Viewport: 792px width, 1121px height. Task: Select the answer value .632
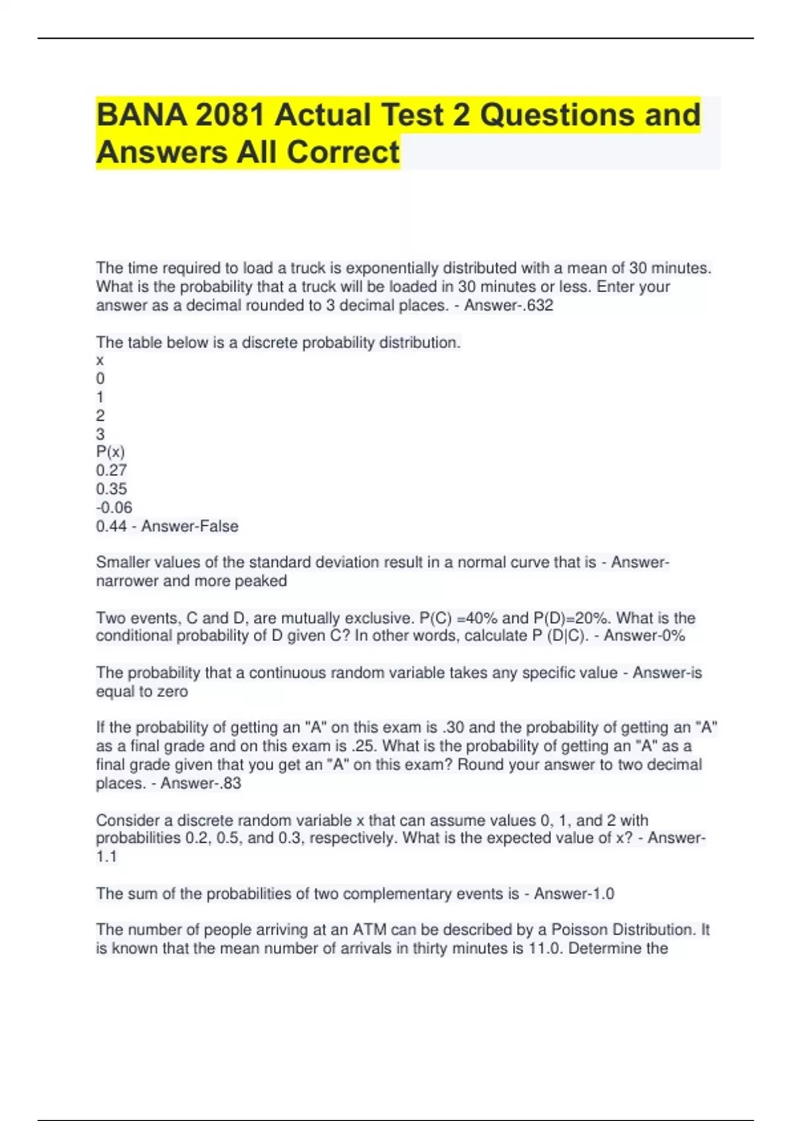pos(537,305)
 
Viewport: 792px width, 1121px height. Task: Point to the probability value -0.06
pos(114,507)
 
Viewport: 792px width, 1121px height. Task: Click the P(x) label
pos(110,452)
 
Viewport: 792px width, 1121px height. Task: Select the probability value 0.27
pos(112,470)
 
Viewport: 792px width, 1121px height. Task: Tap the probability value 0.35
pos(112,489)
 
